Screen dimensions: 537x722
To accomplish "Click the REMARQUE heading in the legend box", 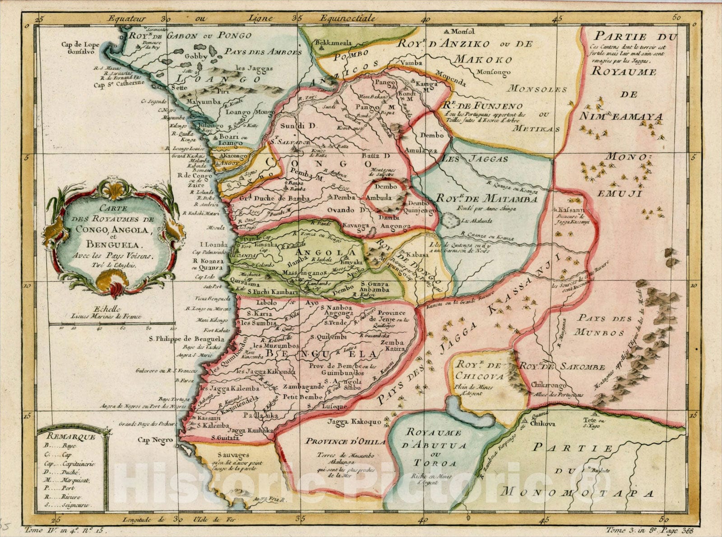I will [x=66, y=436].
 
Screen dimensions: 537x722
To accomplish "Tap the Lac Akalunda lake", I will [x=449, y=221].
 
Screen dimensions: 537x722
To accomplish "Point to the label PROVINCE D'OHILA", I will [x=346, y=441].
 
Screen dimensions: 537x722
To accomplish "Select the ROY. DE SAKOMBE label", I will [x=561, y=367].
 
